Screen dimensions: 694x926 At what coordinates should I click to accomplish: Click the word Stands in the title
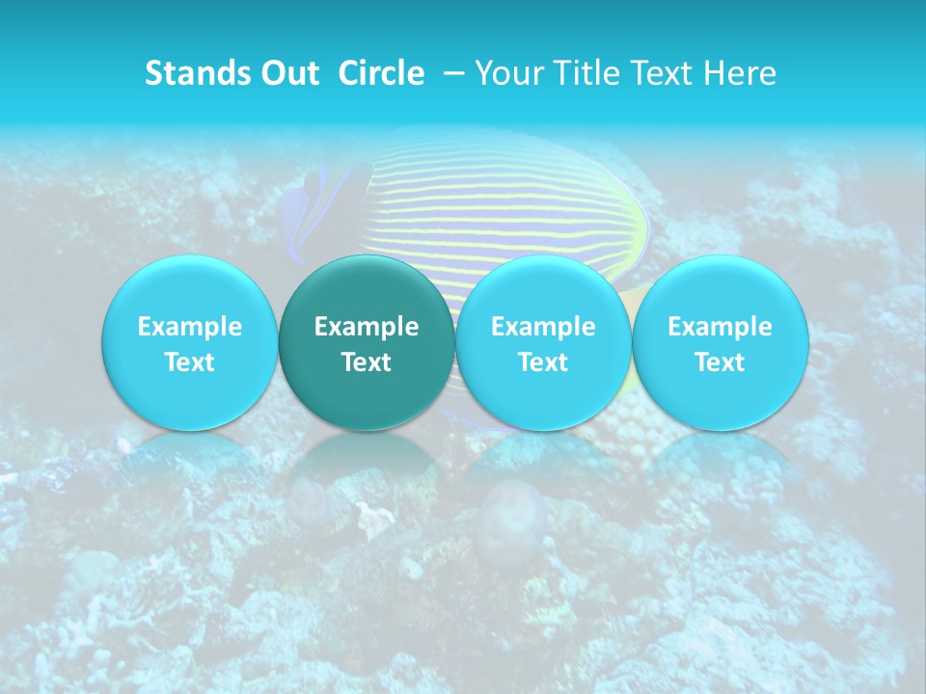tap(187, 73)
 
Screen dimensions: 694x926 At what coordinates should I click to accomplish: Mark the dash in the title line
tap(453, 73)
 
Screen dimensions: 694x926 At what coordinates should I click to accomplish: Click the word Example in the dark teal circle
tap(367, 327)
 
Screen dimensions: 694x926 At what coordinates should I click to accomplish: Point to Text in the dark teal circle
tap(367, 362)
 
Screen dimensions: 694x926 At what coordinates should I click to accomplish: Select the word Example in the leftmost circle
tap(189, 327)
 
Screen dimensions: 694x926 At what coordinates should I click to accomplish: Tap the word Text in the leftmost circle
tap(189, 362)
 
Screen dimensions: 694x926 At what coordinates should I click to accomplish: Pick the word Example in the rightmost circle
tap(720, 327)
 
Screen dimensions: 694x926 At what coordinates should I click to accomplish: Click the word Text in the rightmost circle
tap(720, 362)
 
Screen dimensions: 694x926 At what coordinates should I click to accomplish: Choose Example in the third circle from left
tap(543, 327)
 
